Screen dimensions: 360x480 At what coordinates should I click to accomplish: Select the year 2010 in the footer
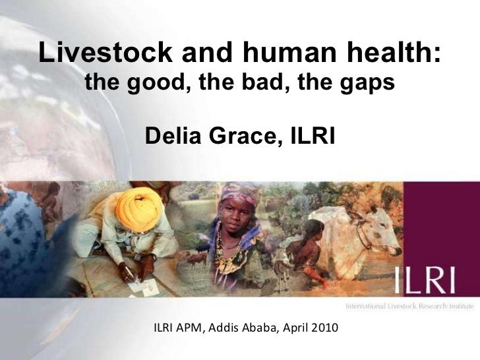pyautogui.click(x=324, y=328)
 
